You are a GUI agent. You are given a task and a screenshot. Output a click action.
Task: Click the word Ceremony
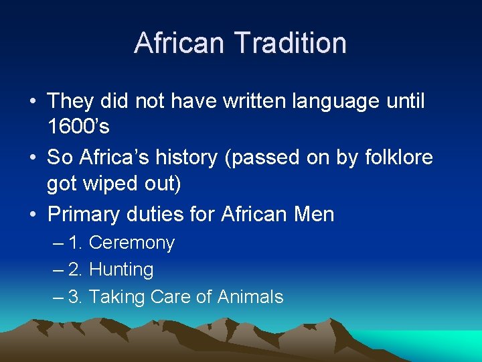(131, 243)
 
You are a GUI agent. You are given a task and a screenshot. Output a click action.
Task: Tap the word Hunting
(121, 270)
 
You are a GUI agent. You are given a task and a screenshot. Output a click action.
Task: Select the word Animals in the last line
(250, 297)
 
